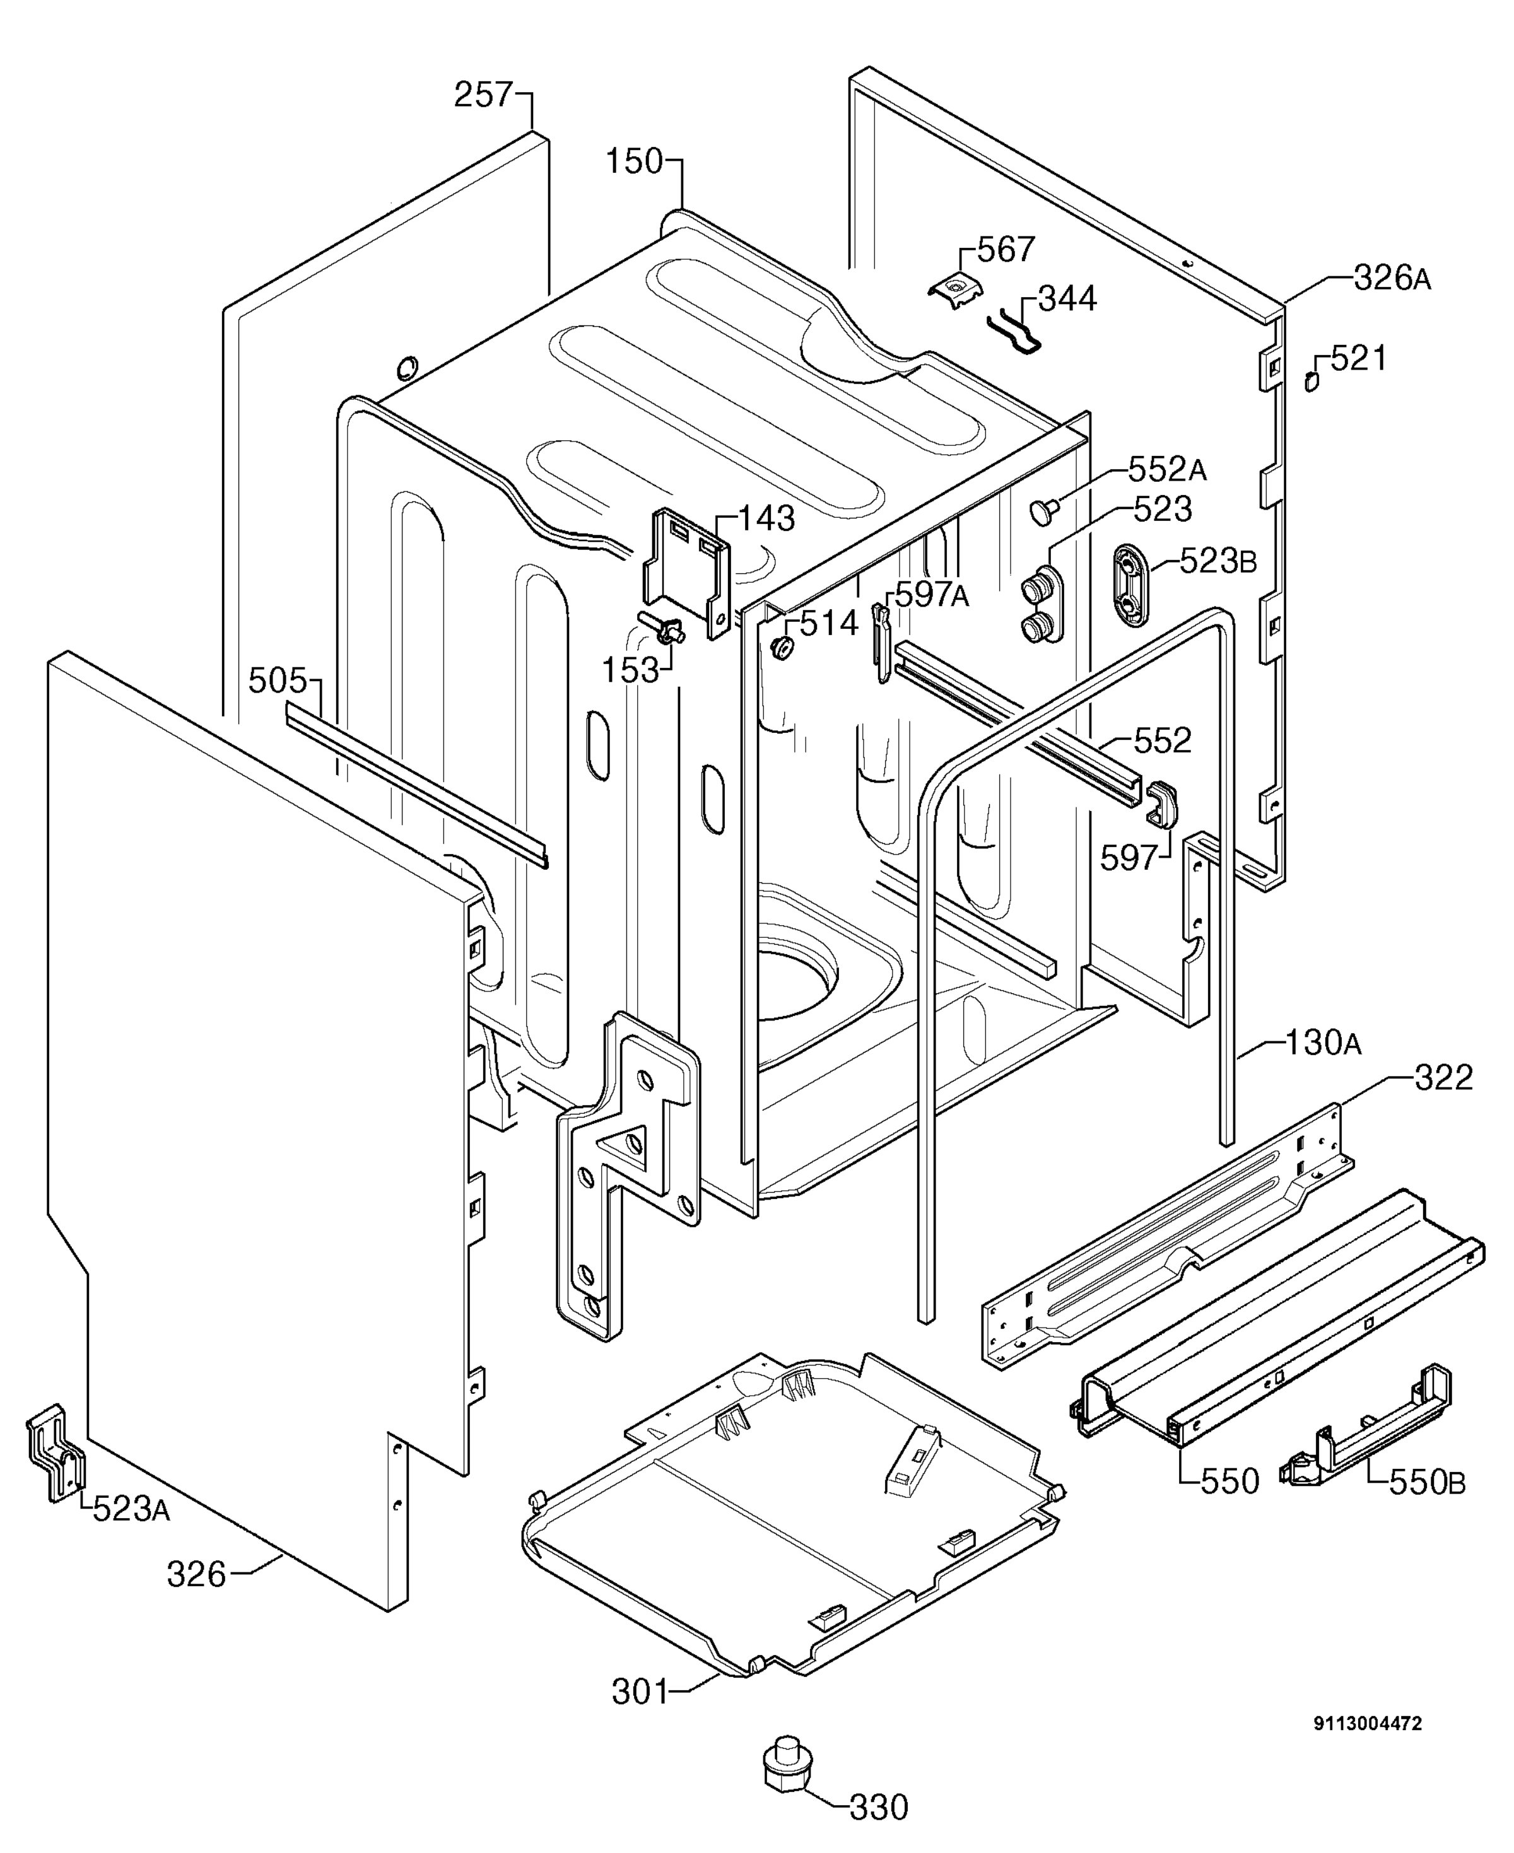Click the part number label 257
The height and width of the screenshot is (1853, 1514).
point(483,94)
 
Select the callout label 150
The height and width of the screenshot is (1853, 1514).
point(635,161)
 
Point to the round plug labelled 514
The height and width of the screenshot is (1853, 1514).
point(782,647)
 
